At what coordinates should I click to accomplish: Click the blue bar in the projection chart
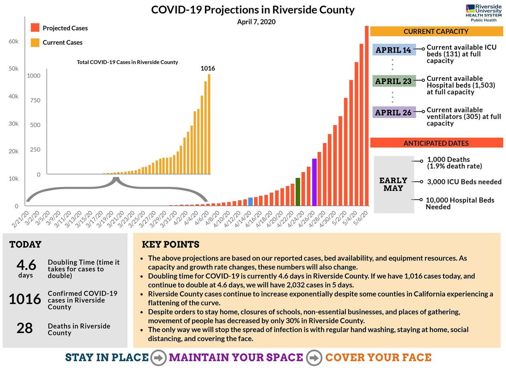[250, 202]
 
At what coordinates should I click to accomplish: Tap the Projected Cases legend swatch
[35, 28]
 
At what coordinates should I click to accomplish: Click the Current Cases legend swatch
[35, 42]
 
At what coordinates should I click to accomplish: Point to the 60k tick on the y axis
[13, 41]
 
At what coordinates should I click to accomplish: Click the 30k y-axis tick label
[13, 124]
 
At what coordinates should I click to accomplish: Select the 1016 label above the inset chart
[208, 68]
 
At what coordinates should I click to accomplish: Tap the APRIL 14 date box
[394, 50]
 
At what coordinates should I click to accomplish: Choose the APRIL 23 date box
[394, 81]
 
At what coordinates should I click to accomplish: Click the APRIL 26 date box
[394, 113]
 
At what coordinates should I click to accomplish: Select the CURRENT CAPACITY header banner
[436, 32]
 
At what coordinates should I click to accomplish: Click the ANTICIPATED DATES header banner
[436, 143]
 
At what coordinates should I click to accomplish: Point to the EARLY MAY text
[393, 184]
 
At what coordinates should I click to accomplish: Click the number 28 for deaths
[25, 328]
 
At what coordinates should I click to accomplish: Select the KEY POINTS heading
[170, 245]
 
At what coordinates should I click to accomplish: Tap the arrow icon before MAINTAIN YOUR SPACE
[159, 358]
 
